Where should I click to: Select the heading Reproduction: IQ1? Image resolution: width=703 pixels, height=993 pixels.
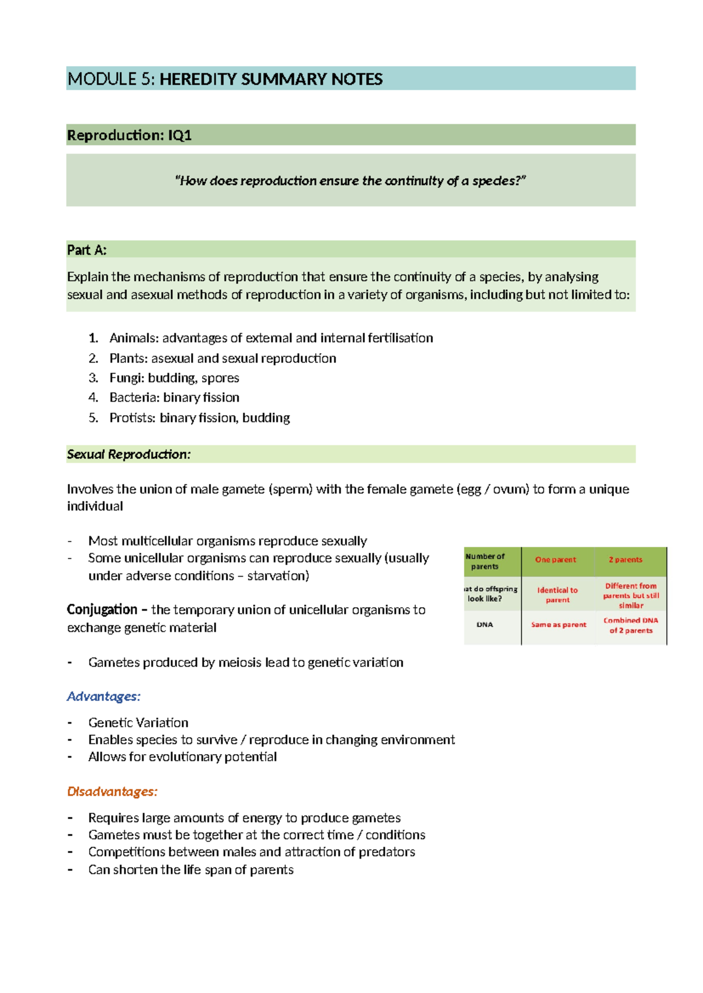click(x=129, y=135)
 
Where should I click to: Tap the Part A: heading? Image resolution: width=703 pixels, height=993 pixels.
click(x=87, y=250)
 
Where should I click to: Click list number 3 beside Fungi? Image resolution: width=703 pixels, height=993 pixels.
click(x=93, y=378)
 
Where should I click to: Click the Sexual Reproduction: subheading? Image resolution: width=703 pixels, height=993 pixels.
click(x=129, y=454)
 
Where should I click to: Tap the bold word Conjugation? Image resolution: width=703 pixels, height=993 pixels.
click(x=102, y=610)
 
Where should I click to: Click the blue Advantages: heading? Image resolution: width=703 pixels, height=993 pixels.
click(x=104, y=696)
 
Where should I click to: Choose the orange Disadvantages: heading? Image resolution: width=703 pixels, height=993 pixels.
click(x=112, y=792)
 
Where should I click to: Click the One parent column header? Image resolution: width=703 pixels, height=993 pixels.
click(x=555, y=560)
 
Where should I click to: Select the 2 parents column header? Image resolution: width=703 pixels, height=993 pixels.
click(x=625, y=560)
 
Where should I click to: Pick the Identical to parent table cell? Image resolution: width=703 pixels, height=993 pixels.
click(x=557, y=595)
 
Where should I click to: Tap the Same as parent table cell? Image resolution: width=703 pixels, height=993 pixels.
click(x=558, y=625)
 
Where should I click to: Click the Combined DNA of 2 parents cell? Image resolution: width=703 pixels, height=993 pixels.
click(x=630, y=625)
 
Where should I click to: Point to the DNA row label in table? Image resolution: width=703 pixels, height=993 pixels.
click(x=484, y=625)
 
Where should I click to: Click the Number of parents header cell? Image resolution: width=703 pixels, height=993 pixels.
click(x=485, y=561)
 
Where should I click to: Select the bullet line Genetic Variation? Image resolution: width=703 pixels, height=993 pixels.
click(x=138, y=723)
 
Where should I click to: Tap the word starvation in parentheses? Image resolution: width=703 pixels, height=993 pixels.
click(x=276, y=576)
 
